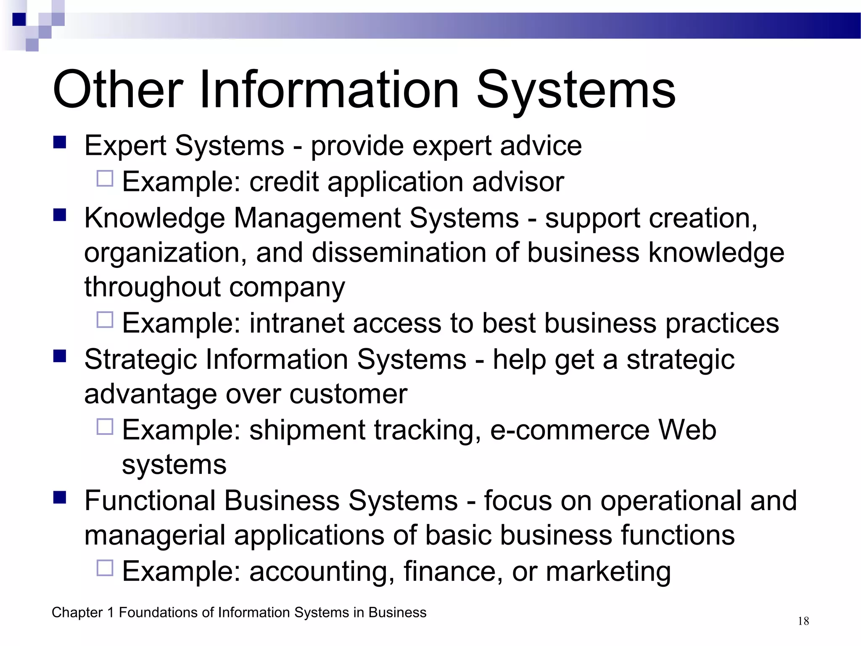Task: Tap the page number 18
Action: [803, 621]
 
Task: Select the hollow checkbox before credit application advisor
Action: [105, 178]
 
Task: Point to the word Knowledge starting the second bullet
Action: [154, 218]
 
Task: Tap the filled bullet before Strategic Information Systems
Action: [60, 356]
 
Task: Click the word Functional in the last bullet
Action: [149, 500]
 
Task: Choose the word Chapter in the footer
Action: [77, 612]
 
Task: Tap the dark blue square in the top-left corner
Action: [19, 19]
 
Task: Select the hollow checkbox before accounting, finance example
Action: [105, 568]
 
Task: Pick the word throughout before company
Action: [152, 287]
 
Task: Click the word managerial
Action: [155, 535]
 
